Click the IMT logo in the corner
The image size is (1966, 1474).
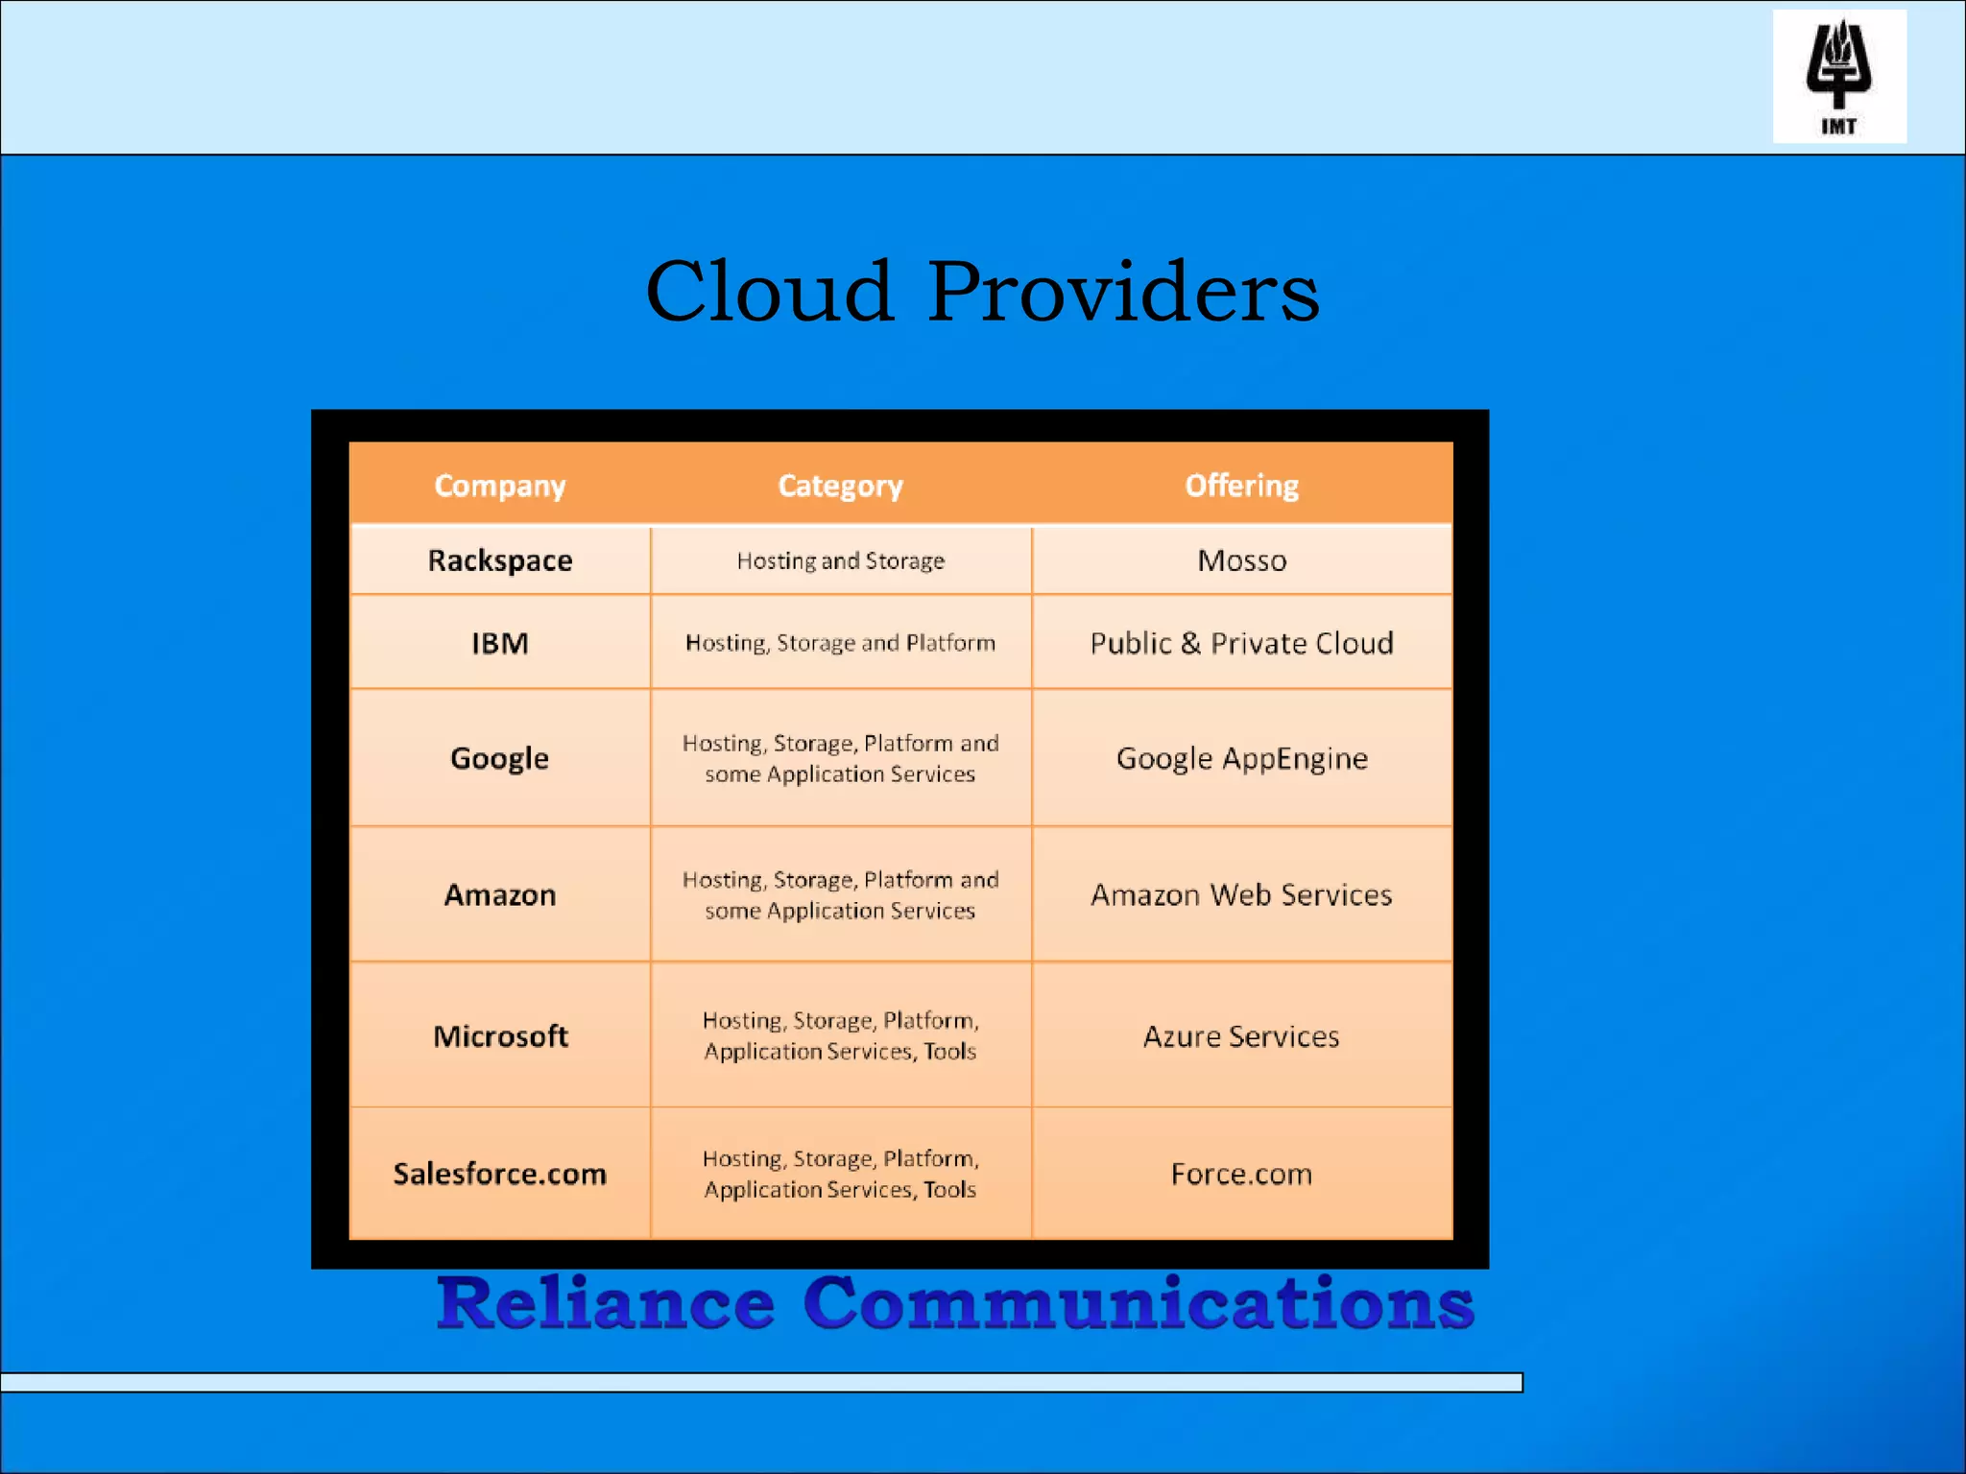tap(1838, 77)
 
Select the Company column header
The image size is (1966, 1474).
tap(500, 486)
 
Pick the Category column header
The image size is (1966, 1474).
tap(840, 486)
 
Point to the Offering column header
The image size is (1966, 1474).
tap(1241, 486)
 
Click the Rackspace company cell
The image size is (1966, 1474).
tap(500, 560)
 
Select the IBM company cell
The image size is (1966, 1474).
tap(500, 643)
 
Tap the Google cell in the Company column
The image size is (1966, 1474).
tap(500, 758)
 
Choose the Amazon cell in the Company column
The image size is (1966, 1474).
tap(500, 895)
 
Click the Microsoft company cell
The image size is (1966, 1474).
tap(500, 1036)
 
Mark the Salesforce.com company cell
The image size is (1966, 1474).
tap(500, 1174)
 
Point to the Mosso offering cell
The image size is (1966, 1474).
tap(1241, 560)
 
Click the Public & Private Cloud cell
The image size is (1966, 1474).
tap(1241, 643)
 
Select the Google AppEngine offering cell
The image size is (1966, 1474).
tap(1241, 758)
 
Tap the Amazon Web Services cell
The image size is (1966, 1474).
tap(1241, 895)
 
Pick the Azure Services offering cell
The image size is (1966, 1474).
tap(1241, 1036)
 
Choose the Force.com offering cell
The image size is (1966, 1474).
tap(1241, 1174)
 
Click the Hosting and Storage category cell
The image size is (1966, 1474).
tap(840, 560)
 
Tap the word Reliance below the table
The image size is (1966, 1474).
tap(605, 1303)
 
